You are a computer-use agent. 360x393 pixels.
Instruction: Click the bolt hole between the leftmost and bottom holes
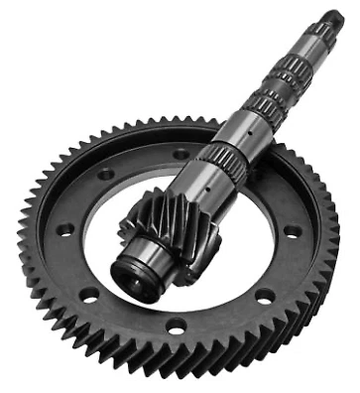tap(89, 294)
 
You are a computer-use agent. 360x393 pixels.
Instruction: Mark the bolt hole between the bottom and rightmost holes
tap(263, 295)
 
